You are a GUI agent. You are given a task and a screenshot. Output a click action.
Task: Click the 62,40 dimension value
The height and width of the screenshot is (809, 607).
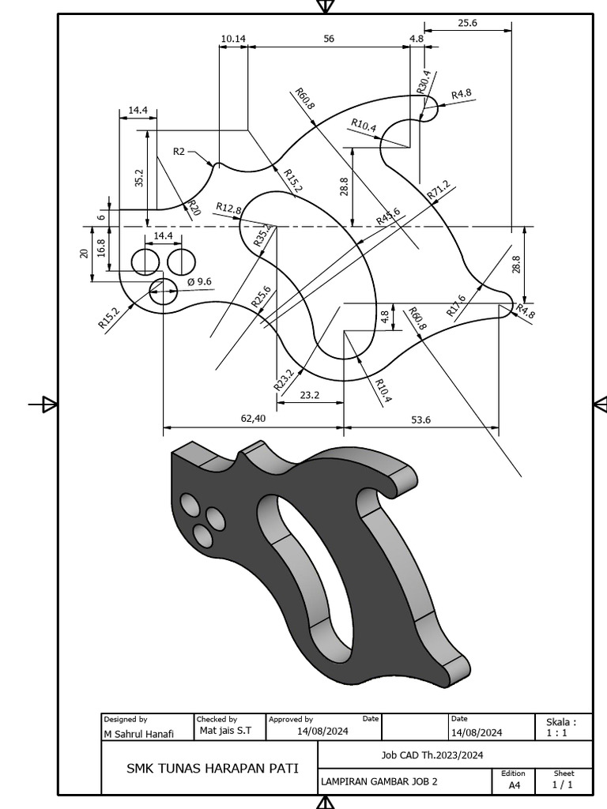click(x=253, y=419)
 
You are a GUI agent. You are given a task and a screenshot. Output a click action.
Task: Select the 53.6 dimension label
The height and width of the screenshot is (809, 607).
click(x=421, y=420)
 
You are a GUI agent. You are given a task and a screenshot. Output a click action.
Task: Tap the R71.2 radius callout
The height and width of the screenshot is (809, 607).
click(x=438, y=190)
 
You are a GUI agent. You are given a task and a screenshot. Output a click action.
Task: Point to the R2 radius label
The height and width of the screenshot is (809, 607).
click(x=179, y=151)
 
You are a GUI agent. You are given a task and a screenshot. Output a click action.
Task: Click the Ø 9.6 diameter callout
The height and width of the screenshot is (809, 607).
click(x=199, y=281)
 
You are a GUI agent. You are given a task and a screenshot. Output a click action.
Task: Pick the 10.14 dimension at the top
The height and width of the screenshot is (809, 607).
click(x=233, y=38)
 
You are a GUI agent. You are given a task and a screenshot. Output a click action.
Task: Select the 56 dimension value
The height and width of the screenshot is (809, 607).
click(x=329, y=38)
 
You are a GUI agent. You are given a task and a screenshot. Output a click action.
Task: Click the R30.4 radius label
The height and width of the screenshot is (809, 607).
click(x=424, y=82)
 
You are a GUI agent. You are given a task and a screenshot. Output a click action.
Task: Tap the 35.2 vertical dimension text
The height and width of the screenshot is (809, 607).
click(x=140, y=178)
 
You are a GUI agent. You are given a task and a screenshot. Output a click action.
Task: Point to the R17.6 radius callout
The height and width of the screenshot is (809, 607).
click(x=456, y=306)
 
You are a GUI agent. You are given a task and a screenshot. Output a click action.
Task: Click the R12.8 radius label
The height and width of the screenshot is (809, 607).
click(x=228, y=209)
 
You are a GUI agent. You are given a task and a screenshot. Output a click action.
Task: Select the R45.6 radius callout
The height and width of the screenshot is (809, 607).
click(x=388, y=216)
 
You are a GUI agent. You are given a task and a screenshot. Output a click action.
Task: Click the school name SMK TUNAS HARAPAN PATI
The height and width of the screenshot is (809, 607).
click(x=213, y=768)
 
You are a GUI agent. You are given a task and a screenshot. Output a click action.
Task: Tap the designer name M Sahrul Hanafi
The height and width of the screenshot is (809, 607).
click(x=140, y=734)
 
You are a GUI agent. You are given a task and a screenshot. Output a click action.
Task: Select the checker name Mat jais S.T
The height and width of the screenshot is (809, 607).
click(x=225, y=731)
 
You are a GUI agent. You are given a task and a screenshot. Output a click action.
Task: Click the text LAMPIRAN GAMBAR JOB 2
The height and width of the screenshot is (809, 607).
click(x=379, y=782)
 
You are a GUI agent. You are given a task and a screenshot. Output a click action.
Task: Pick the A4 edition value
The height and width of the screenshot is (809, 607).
click(x=514, y=785)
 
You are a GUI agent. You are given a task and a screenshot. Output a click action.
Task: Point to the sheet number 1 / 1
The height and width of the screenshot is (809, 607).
click(x=563, y=785)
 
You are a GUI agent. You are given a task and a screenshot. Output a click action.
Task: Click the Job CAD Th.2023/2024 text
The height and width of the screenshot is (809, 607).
click(x=432, y=755)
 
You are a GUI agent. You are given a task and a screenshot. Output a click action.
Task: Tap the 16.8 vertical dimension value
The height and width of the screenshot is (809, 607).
click(x=101, y=249)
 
